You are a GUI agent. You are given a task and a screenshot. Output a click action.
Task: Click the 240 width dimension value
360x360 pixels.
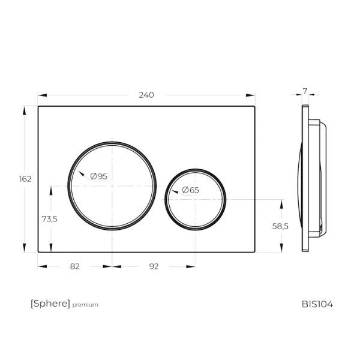(x=146, y=95)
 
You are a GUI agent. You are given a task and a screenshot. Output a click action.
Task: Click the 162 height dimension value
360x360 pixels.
(x=25, y=179)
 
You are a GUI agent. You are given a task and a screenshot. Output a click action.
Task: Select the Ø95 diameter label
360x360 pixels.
(x=98, y=176)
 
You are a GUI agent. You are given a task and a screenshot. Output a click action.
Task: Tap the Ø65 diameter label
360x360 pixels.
(x=190, y=190)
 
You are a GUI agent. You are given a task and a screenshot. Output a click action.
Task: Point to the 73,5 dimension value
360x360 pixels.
(x=49, y=219)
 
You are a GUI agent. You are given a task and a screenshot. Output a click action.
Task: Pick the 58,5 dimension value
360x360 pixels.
(x=281, y=226)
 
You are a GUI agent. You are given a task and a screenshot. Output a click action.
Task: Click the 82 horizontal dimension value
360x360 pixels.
(x=75, y=266)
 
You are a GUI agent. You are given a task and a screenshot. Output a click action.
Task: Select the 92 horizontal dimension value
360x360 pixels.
(x=154, y=266)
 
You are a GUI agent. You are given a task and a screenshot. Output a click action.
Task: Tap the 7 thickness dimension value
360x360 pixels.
(x=305, y=91)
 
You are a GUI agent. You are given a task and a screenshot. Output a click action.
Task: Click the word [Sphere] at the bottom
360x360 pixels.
(x=50, y=304)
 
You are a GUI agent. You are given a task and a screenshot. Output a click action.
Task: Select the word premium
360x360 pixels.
(x=85, y=305)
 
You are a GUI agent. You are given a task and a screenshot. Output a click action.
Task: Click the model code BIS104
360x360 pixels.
(x=317, y=304)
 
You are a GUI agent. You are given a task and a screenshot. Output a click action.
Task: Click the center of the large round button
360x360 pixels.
(x=112, y=185)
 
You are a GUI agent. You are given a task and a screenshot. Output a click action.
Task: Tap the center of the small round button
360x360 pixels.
(x=196, y=199)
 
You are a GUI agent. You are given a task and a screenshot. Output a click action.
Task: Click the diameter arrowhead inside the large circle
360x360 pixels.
(x=81, y=173)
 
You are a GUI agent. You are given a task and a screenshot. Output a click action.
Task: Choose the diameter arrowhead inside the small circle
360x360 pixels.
(x=175, y=192)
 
